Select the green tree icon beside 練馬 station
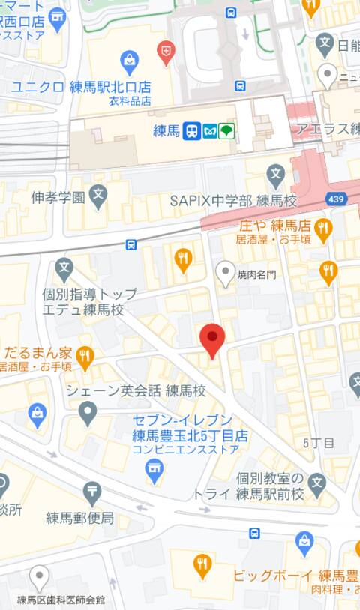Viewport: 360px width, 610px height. (227, 131)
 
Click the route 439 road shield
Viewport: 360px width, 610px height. (337, 199)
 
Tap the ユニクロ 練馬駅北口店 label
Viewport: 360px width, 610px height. (80, 87)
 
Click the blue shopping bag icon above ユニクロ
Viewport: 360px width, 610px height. (129, 60)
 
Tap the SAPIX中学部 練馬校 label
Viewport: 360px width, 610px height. (233, 201)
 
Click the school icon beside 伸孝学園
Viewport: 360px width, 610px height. (97, 197)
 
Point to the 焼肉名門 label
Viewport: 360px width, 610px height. (256, 274)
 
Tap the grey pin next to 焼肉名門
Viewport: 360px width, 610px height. (225, 274)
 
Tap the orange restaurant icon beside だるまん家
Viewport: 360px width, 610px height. (85, 357)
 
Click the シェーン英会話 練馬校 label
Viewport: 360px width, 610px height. (136, 390)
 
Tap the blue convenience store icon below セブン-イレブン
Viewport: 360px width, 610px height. (154, 471)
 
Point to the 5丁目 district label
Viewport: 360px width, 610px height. (318, 443)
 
